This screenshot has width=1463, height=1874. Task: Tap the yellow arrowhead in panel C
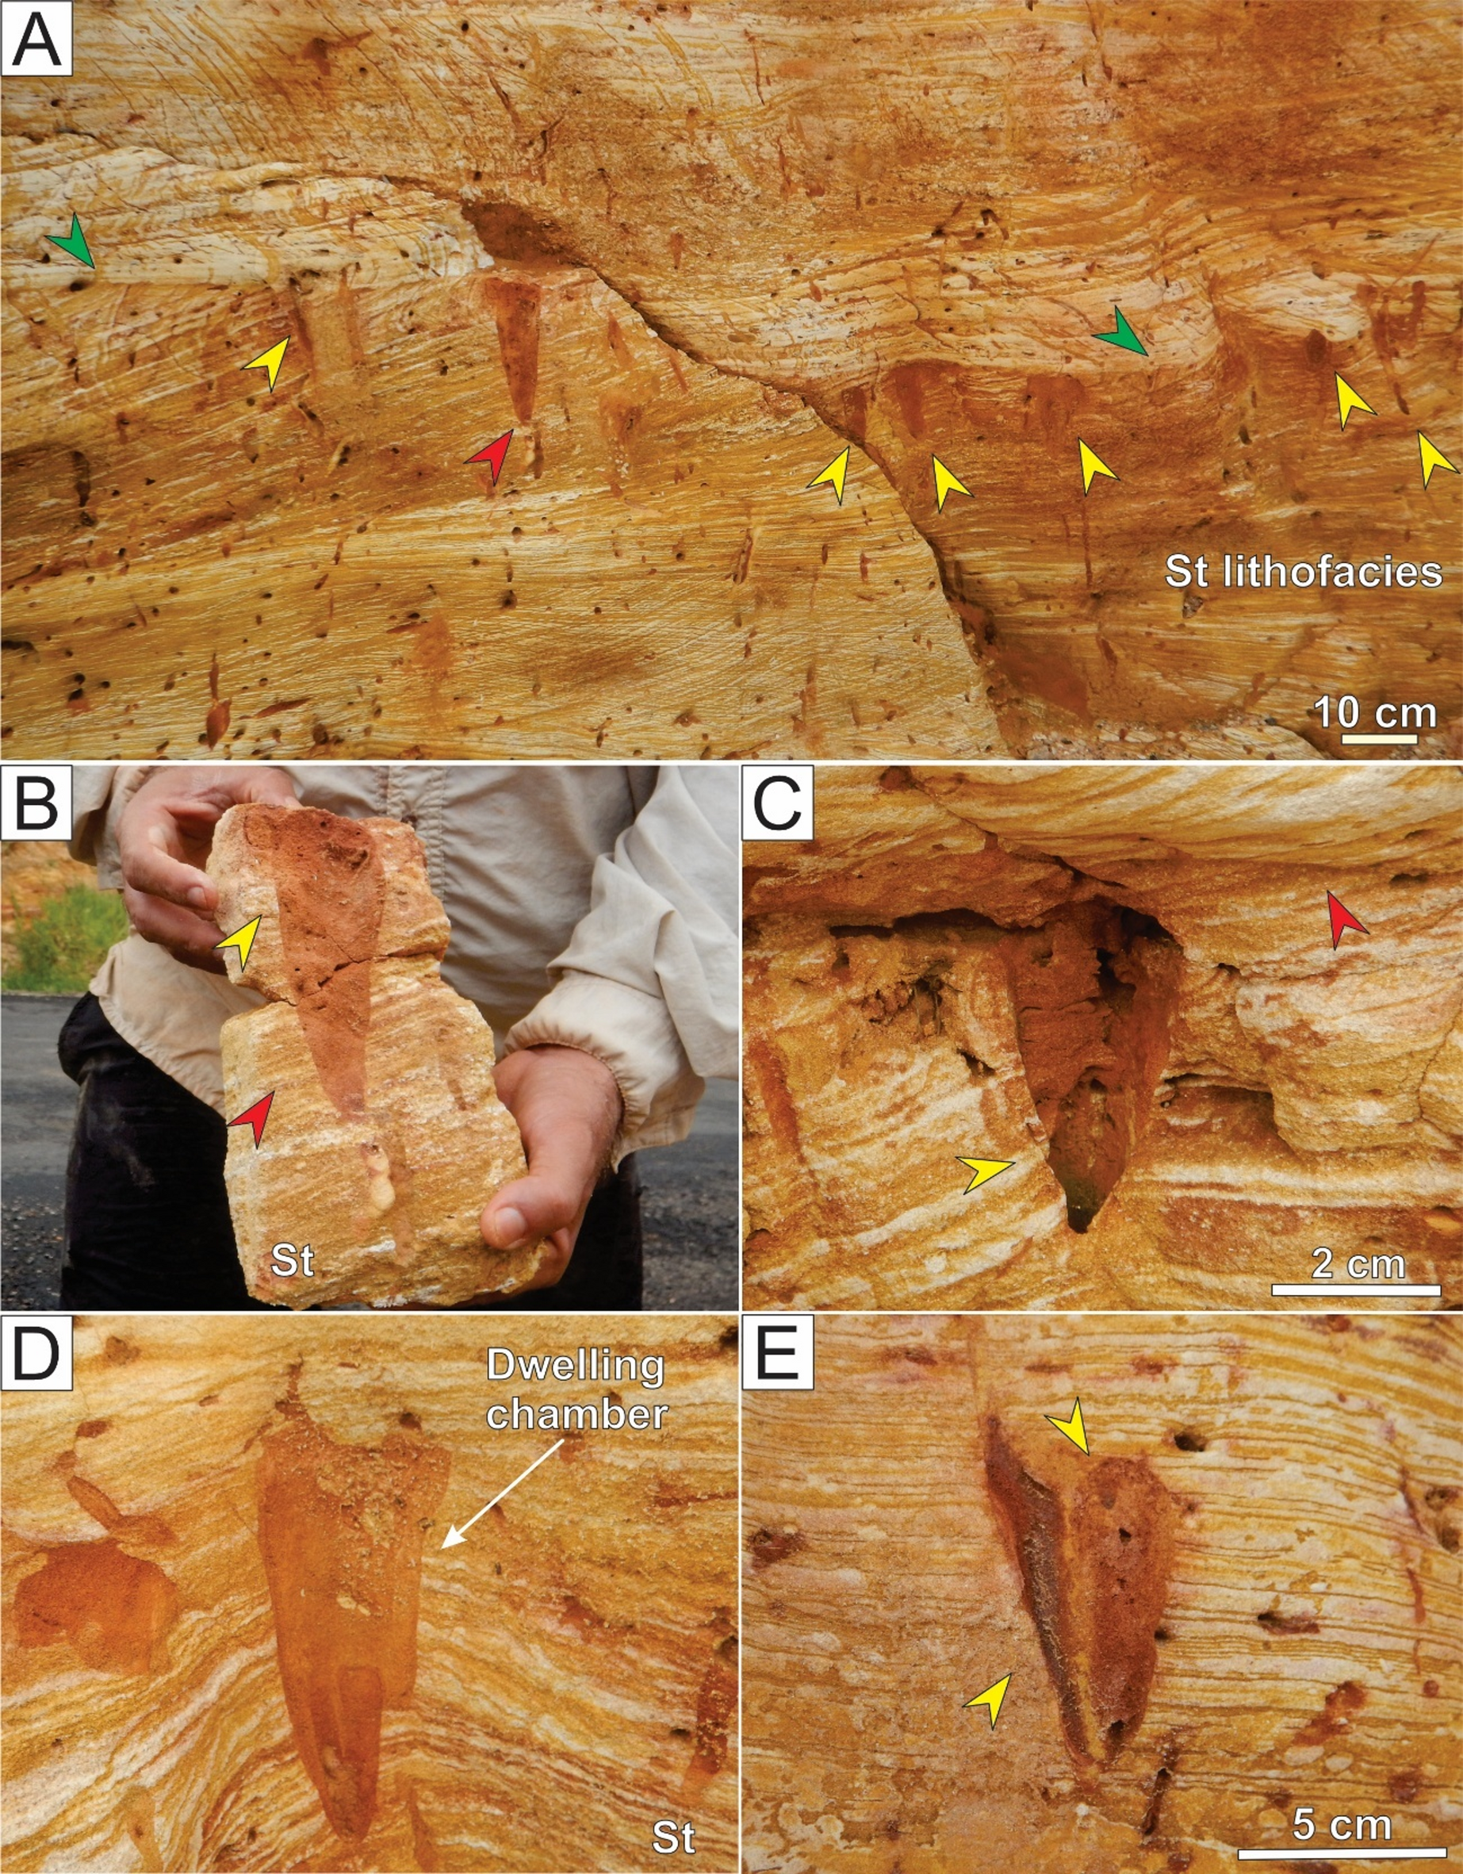pos(986,1174)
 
